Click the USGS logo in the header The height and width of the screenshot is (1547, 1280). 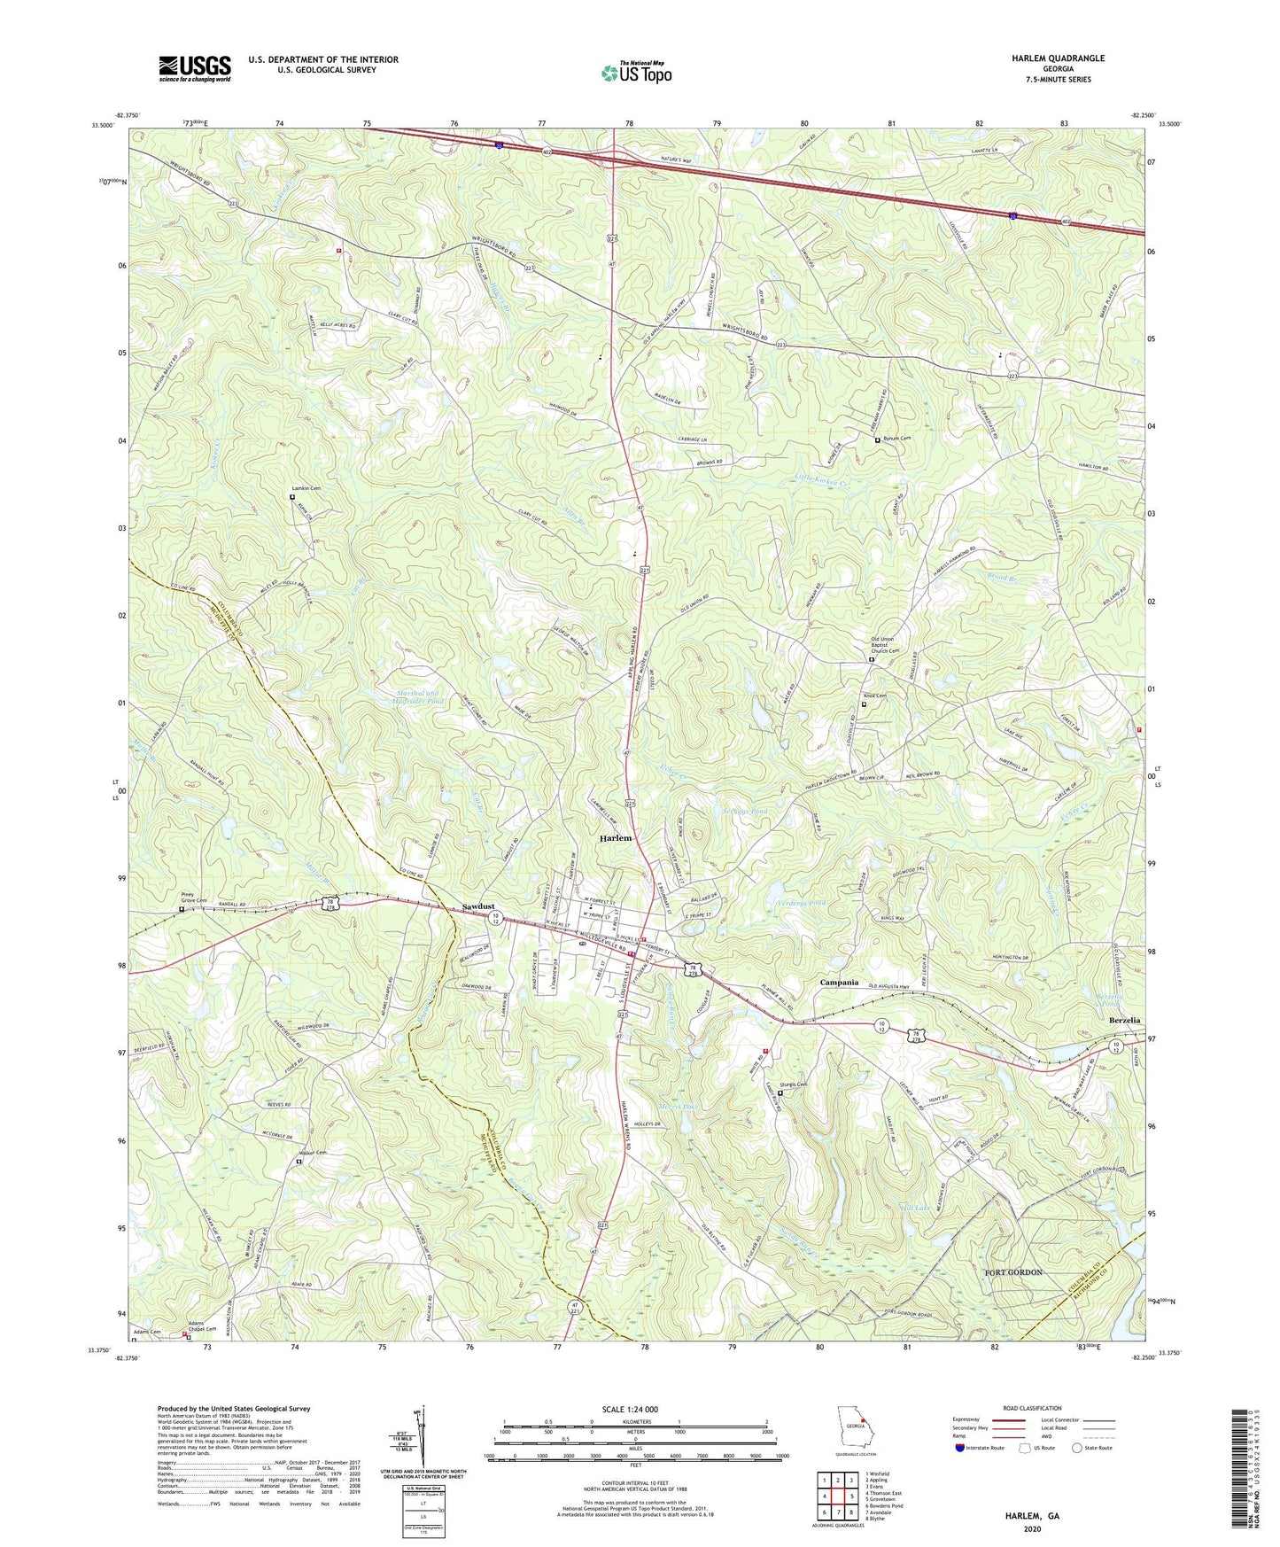point(195,67)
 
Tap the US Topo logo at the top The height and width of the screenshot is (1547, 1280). point(635,73)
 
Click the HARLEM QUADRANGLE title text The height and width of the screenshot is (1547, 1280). point(1058,58)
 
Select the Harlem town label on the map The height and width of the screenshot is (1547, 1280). point(616,837)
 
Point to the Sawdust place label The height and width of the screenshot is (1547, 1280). point(478,907)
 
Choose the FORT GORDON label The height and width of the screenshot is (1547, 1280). point(1013,1272)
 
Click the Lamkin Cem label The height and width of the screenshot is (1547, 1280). point(306,489)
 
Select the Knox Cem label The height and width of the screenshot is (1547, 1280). point(874,696)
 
